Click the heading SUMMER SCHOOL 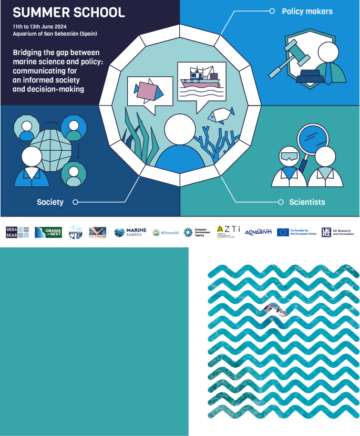click(69, 12)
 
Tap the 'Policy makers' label click(307, 11)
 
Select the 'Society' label click(50, 202)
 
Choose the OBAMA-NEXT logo click(48, 232)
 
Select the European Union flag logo click(283, 232)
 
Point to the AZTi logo click(228, 232)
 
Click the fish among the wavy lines click(276, 310)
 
